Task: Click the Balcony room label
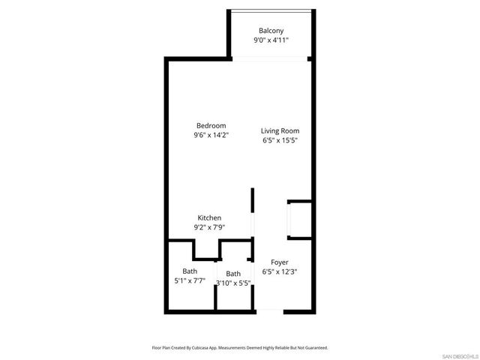coord(271,31)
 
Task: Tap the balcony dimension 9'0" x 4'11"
coord(271,41)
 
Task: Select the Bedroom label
coord(211,125)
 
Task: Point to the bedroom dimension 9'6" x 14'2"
coord(211,136)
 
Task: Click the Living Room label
coord(280,130)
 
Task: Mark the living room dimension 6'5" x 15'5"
coord(280,141)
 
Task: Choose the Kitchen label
coord(209,217)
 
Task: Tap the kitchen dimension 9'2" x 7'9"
coord(209,227)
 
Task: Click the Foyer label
coord(280,262)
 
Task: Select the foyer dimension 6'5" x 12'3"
coord(280,271)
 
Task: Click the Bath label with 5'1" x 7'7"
coord(190,271)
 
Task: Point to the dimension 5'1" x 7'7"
coord(190,282)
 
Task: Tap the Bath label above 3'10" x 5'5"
coord(233,274)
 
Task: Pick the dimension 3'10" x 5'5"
coord(233,283)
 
